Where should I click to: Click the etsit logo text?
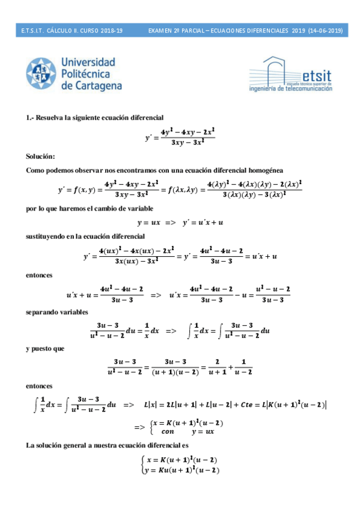[x=317, y=76]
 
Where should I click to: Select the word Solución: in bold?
[x=40, y=156]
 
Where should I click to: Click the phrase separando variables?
[x=57, y=312]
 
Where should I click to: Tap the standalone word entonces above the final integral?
[x=39, y=385]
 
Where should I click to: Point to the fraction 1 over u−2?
[x=242, y=366]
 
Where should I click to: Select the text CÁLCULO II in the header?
[x=63, y=30]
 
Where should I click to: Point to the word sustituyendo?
[x=49, y=238]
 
